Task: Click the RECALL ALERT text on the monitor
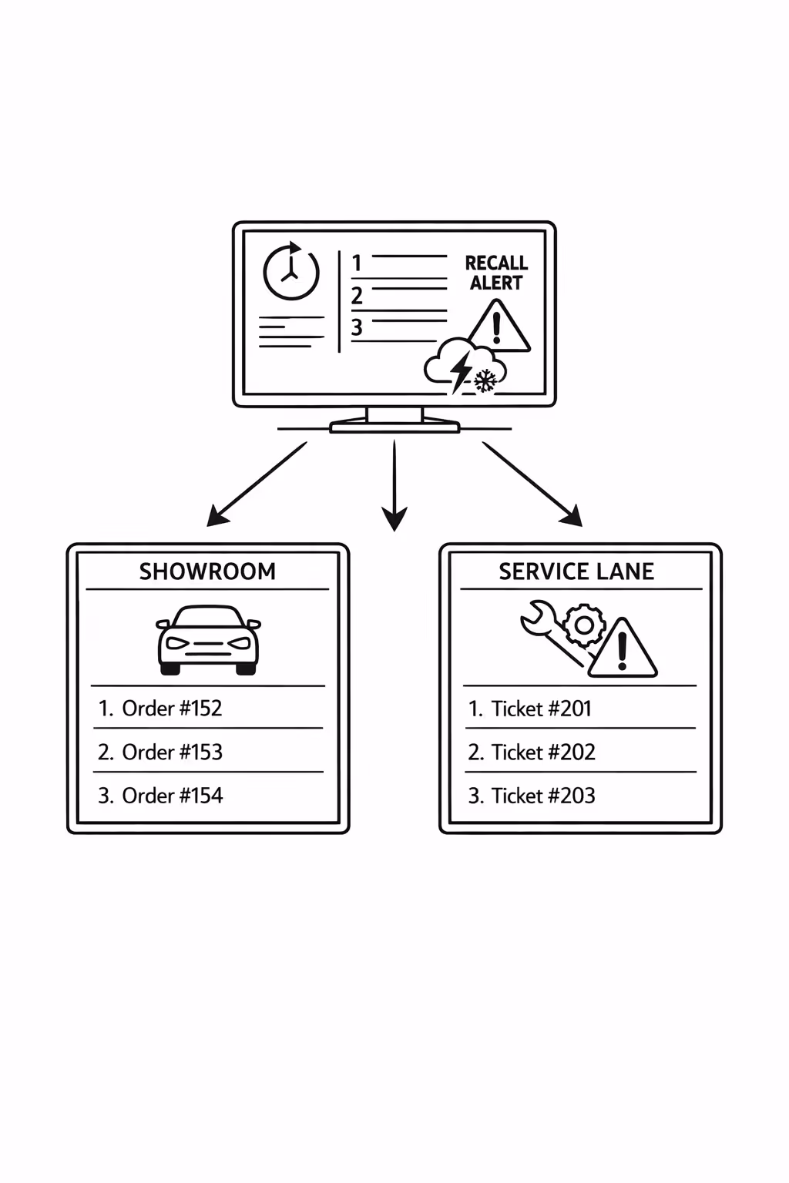[x=496, y=273]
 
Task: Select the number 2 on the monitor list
[x=357, y=296]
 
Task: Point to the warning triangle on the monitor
[x=499, y=327]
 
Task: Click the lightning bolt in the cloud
[x=461, y=370]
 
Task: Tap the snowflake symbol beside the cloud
[x=485, y=380]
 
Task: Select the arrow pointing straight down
[x=394, y=485]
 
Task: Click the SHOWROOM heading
[x=207, y=571]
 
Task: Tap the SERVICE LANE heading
[x=576, y=571]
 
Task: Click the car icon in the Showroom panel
[x=208, y=640]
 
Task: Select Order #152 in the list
[x=171, y=708]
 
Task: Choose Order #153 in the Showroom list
[x=171, y=752]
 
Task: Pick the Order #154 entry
[x=171, y=796]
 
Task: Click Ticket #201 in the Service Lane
[x=541, y=709]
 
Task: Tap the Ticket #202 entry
[x=542, y=752]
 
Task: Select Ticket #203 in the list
[x=542, y=796]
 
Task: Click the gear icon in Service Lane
[x=583, y=625]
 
